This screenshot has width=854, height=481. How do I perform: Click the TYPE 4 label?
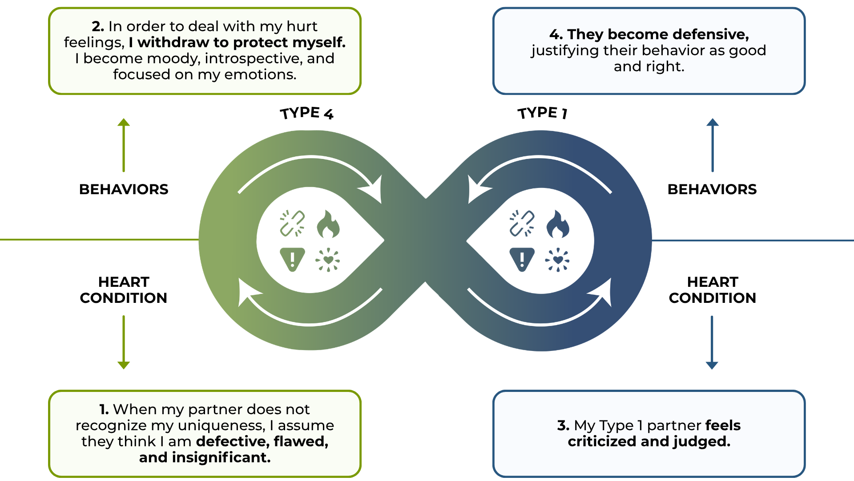pos(306,114)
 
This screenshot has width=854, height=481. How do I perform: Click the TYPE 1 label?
pos(542,113)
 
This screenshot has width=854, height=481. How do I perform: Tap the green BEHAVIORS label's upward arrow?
pos(124,145)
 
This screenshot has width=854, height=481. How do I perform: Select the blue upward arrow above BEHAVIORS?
pos(713,145)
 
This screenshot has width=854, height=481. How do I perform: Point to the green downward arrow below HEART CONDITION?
pos(124,342)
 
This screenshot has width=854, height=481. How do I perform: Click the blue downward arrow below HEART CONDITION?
pos(712,342)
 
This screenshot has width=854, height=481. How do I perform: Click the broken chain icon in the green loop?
pos(292,223)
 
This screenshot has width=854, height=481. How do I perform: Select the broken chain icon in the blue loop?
pos(522,223)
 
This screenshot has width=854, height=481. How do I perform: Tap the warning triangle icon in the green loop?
pos(292,259)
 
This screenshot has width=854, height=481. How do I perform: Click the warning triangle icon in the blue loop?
pos(522,259)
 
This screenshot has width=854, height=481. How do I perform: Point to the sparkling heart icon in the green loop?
pos(328,260)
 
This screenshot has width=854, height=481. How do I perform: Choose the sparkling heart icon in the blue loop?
pos(557,260)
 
